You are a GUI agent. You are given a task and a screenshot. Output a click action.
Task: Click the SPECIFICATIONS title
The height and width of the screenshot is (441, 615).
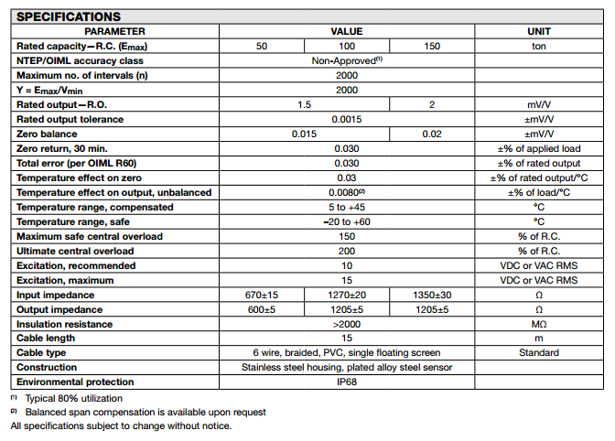(x=69, y=16)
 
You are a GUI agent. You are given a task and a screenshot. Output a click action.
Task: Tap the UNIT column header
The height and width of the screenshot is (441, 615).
(x=539, y=31)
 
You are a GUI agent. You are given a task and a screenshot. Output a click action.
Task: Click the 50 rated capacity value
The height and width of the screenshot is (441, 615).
(x=262, y=46)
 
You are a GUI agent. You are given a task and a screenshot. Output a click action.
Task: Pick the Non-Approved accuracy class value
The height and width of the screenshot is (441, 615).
(x=347, y=60)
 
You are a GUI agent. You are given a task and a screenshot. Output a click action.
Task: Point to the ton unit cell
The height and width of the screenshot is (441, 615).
(x=539, y=46)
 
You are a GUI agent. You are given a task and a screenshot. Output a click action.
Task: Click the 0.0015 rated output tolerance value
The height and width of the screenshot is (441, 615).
(x=347, y=119)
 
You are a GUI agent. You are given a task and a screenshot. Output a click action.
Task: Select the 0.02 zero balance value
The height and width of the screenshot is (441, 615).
(x=432, y=134)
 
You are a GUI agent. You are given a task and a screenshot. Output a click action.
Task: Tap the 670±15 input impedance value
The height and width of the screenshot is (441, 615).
(x=262, y=295)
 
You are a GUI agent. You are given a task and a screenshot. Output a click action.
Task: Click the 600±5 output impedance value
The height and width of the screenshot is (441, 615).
(x=262, y=309)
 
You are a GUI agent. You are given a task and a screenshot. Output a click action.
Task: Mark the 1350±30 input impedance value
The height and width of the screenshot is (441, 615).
(x=432, y=295)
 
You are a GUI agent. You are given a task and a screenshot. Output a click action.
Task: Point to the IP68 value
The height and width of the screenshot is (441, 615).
(x=347, y=382)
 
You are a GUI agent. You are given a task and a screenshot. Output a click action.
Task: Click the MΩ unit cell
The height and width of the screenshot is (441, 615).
(x=539, y=324)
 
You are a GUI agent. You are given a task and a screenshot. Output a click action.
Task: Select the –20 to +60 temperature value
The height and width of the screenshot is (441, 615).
(x=347, y=221)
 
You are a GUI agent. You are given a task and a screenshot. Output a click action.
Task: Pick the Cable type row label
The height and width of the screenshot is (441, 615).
(x=42, y=353)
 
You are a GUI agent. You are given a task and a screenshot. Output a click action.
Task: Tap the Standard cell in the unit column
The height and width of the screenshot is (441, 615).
(x=539, y=353)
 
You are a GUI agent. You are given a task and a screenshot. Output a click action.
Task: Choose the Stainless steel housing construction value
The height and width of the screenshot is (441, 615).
(x=347, y=368)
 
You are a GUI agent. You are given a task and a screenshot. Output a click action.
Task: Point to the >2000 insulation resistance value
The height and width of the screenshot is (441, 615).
(x=347, y=324)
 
